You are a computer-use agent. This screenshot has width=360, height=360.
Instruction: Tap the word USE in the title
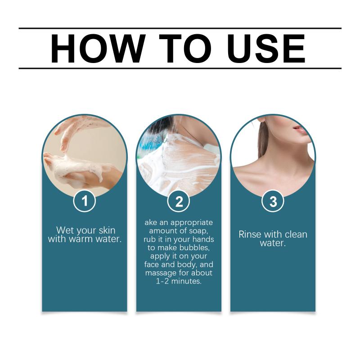(266, 49)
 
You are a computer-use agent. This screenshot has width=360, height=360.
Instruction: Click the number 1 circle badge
(85, 201)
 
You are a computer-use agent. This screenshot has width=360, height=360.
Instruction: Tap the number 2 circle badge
(179, 201)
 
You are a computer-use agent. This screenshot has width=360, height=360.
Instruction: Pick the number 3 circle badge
(273, 201)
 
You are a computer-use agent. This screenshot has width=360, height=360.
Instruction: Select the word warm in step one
(81, 239)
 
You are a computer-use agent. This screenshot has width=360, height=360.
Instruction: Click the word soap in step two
(198, 231)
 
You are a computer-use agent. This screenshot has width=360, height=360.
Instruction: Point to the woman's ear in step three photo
(262, 120)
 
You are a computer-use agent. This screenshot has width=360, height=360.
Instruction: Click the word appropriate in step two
(192, 223)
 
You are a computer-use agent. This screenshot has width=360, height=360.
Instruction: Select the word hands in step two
(203, 239)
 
